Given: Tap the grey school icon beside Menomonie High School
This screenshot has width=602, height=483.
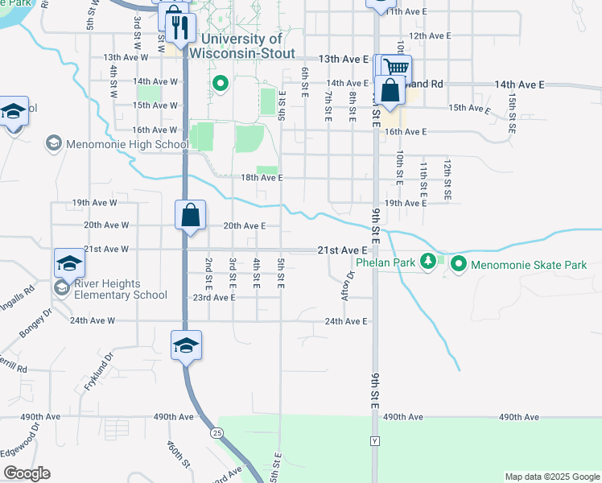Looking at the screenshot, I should (54, 143).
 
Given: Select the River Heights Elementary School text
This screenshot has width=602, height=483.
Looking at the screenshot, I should (118, 289).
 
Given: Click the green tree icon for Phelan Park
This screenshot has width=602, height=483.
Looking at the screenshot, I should (430, 261).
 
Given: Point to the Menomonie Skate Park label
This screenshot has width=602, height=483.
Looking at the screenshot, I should (529, 264).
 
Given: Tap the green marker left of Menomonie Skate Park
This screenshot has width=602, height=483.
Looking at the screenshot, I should (459, 263).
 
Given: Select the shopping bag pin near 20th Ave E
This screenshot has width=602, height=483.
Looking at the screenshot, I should (190, 217).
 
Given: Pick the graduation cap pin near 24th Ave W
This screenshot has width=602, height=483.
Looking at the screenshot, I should (187, 345).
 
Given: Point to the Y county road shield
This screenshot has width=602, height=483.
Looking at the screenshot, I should (374, 442).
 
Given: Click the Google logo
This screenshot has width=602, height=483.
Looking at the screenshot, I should (27, 473).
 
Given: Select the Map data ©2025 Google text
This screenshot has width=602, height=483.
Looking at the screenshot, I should (551, 477).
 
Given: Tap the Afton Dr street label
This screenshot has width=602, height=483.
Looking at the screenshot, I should (348, 286).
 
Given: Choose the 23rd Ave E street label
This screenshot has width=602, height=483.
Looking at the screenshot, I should (213, 297).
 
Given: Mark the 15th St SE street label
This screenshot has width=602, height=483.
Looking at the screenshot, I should (512, 111).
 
